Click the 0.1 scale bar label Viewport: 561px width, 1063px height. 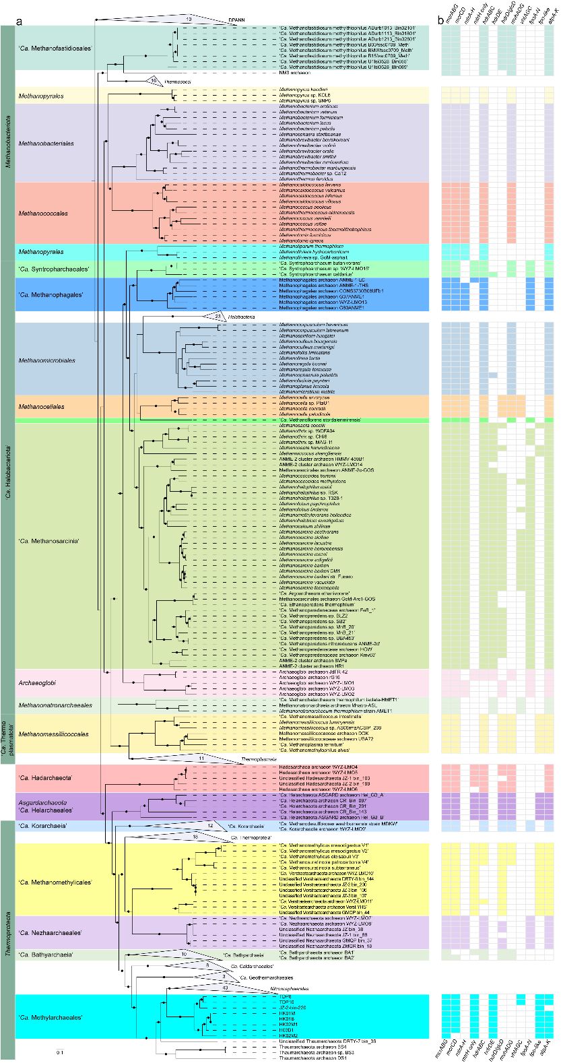pos(60,1052)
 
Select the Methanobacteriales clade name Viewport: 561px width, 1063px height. pos(46,143)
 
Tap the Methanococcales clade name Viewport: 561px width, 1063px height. pos(44,214)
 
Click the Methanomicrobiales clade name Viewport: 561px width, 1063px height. pos(46,358)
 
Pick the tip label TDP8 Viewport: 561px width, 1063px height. pos(282,996)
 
